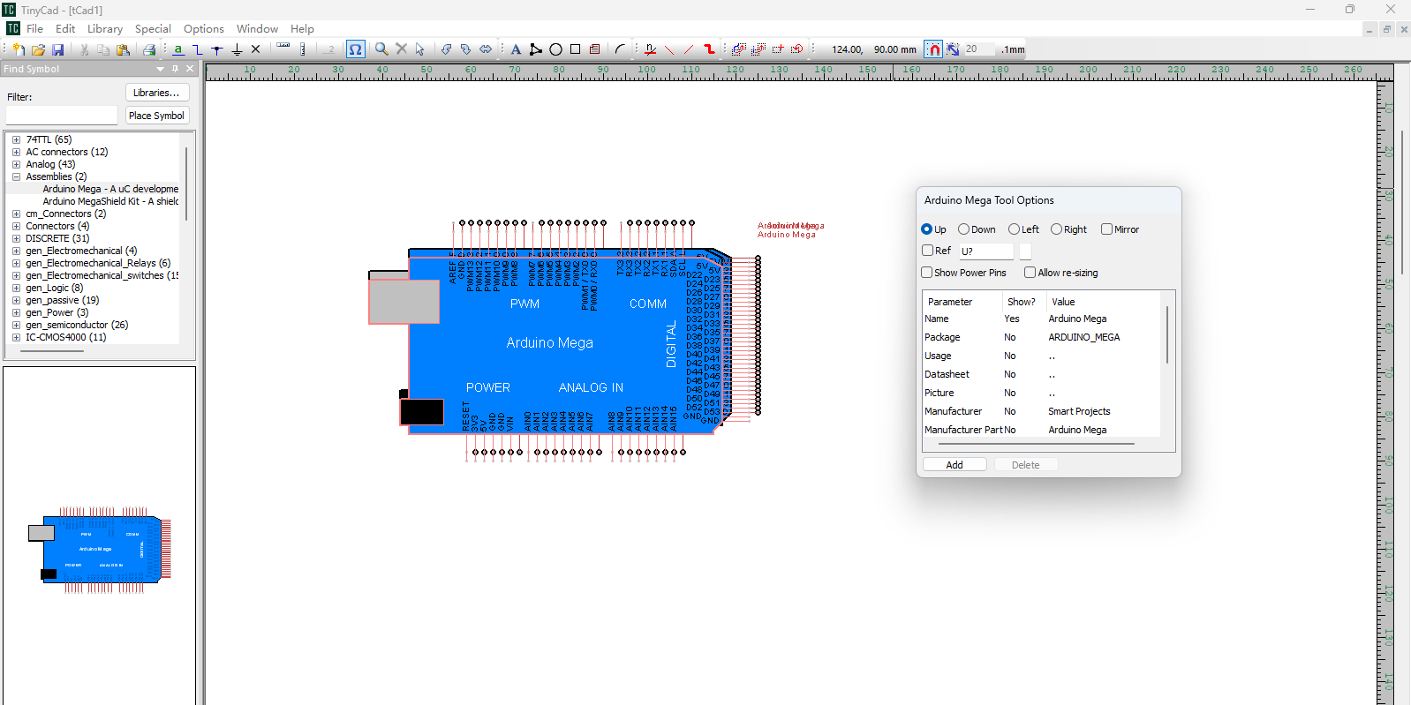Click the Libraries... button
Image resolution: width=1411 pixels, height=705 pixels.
pyautogui.click(x=156, y=93)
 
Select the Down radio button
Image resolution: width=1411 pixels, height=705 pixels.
pyautogui.click(x=964, y=229)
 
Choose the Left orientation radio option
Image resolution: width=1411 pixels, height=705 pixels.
pyautogui.click(x=1015, y=229)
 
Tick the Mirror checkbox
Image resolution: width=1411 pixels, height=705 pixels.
pyautogui.click(x=1106, y=229)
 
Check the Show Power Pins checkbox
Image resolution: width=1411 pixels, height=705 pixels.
pyautogui.click(x=927, y=273)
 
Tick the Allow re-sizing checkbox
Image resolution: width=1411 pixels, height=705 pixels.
pyautogui.click(x=1030, y=273)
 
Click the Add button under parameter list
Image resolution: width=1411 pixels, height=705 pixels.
pyautogui.click(x=954, y=465)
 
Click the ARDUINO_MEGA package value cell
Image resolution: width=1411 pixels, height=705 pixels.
pyautogui.click(x=1083, y=337)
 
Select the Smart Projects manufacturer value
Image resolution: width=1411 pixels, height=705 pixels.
pyautogui.click(x=1079, y=411)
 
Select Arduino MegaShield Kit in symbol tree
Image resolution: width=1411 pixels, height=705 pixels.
pyautogui.click(x=110, y=201)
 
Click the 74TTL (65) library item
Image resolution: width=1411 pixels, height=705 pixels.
pyautogui.click(x=49, y=139)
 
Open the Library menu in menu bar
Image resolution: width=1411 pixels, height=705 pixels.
pyautogui.click(x=105, y=29)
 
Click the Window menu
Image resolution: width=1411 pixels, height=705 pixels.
pyautogui.click(x=257, y=29)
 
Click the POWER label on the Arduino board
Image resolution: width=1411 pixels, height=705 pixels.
pyautogui.click(x=488, y=387)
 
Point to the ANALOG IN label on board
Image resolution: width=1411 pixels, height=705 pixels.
pyautogui.click(x=591, y=387)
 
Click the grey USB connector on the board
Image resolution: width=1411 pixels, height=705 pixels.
pyautogui.click(x=404, y=302)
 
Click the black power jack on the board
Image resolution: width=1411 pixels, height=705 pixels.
pyautogui.click(x=422, y=411)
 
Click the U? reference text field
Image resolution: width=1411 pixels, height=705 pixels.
pyautogui.click(x=985, y=251)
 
